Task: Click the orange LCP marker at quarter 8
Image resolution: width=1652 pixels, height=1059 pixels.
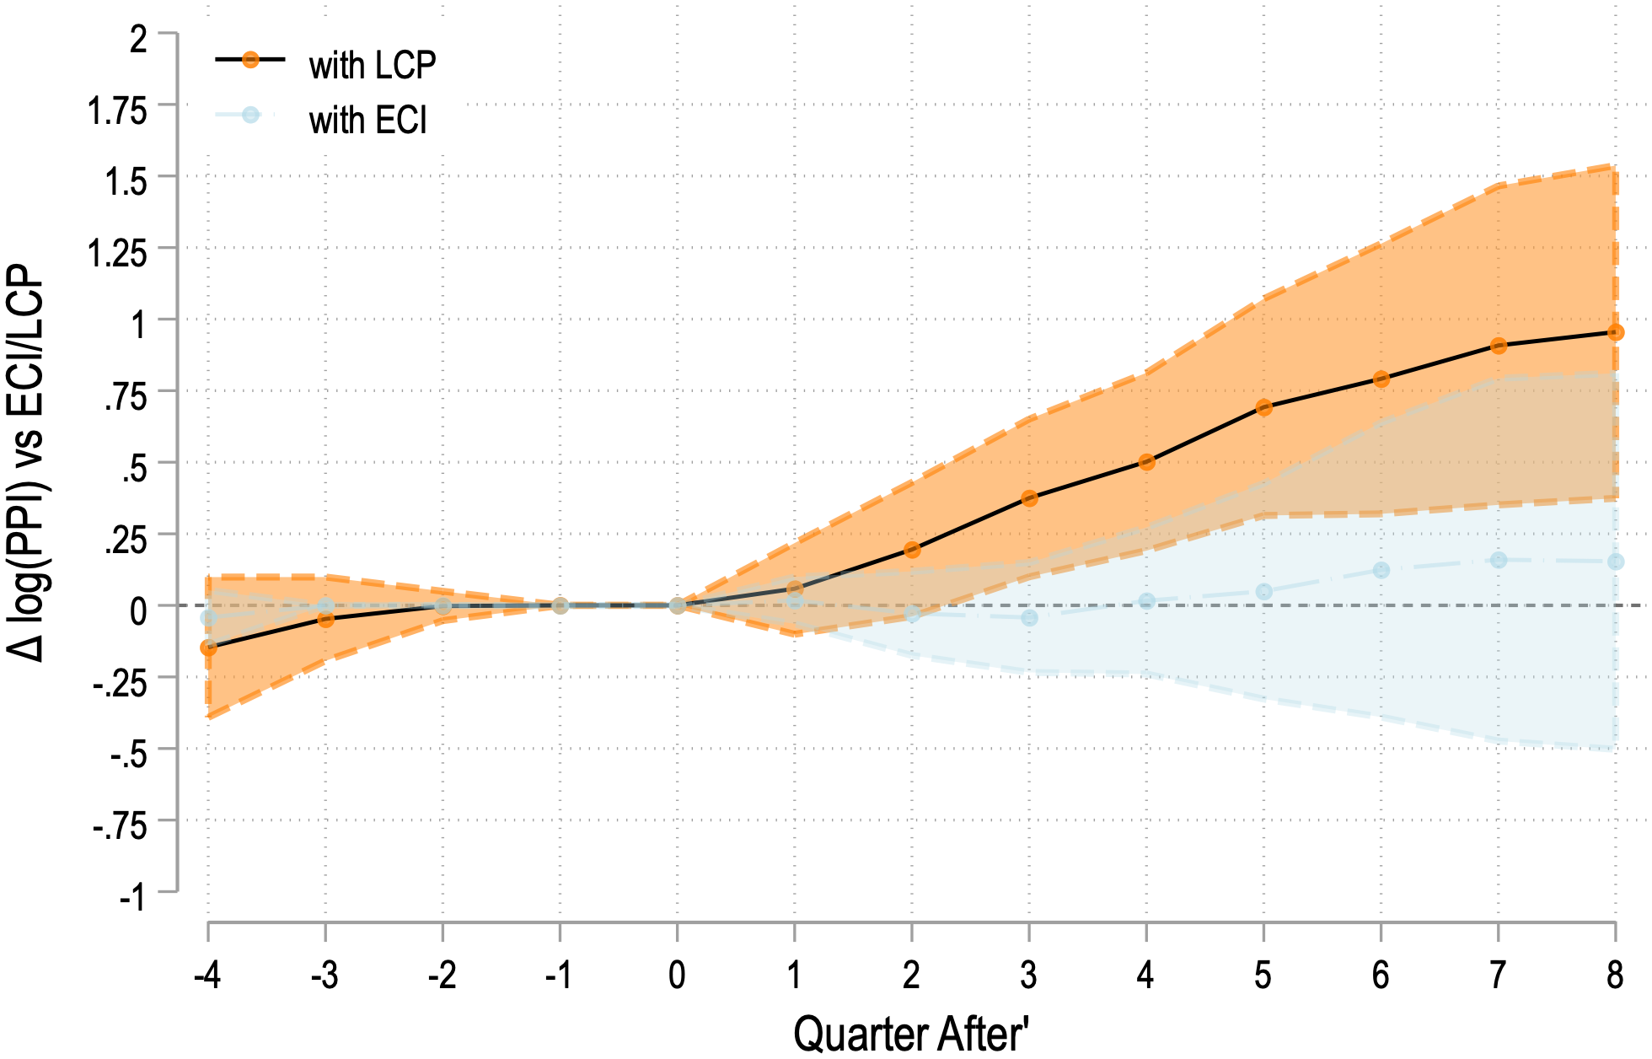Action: [x=1615, y=333]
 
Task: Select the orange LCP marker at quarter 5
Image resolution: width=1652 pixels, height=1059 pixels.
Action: [x=1263, y=407]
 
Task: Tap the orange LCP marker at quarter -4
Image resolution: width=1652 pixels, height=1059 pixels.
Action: [x=208, y=648]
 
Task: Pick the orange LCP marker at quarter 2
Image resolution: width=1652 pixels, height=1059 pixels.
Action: [x=911, y=550]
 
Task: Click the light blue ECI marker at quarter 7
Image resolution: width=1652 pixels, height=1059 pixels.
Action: [x=1498, y=560]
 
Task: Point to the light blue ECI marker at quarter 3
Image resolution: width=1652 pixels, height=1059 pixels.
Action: [x=1029, y=618]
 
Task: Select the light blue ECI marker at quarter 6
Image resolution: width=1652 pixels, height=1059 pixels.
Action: [x=1381, y=570]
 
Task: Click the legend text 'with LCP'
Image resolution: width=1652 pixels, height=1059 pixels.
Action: [x=372, y=66]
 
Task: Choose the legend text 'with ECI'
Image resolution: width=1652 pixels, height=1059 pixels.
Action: [x=367, y=121]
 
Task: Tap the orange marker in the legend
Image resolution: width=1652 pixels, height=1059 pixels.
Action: [x=250, y=60]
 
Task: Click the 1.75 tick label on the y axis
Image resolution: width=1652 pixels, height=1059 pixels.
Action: [x=117, y=110]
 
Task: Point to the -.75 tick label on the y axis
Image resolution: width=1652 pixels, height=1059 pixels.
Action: [x=119, y=825]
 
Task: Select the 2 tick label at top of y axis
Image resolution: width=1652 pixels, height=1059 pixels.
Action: [x=138, y=39]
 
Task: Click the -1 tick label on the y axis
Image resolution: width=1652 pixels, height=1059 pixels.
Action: [x=131, y=897]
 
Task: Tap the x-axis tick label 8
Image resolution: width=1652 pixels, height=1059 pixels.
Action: [x=1614, y=976]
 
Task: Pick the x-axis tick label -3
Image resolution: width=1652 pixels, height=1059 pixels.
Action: [x=324, y=976]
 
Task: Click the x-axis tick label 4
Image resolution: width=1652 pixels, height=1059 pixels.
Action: [x=1145, y=976]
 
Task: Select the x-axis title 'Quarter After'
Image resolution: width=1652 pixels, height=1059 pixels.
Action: [x=910, y=1033]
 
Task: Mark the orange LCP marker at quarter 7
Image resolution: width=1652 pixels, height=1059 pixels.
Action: [x=1498, y=346]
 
